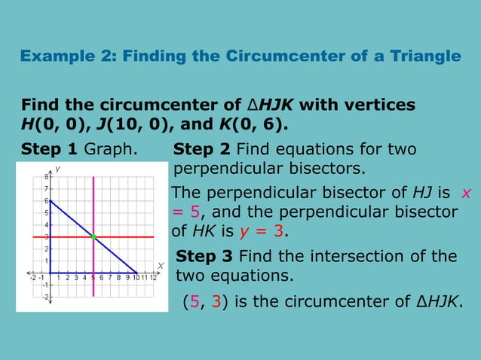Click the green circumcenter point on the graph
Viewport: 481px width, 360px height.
(x=93, y=237)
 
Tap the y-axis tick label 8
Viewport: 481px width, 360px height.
(x=45, y=177)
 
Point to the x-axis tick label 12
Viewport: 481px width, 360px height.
(x=153, y=278)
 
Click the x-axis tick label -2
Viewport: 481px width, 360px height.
(x=32, y=278)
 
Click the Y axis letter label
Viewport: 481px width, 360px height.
(x=57, y=169)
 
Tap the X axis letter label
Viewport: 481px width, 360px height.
(x=160, y=265)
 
